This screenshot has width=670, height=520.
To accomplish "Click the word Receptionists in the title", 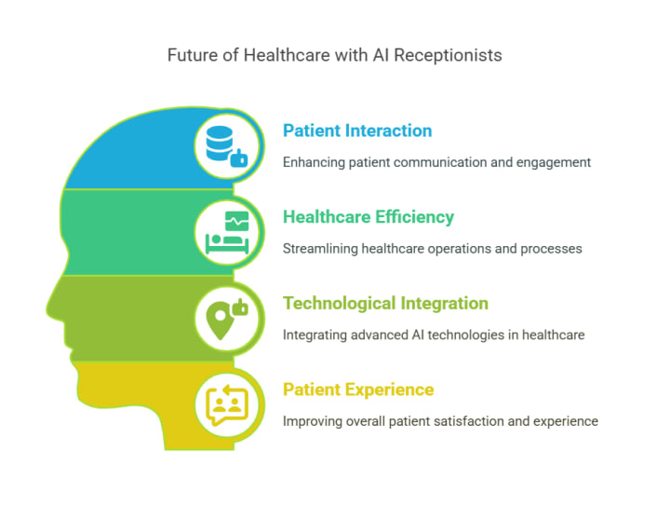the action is (450, 55).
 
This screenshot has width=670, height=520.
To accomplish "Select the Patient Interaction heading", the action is (357, 130).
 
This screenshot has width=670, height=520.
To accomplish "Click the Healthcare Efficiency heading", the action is (368, 217).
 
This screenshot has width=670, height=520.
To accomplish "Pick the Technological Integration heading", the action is (385, 303).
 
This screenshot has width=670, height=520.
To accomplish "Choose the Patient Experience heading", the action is (358, 390).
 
